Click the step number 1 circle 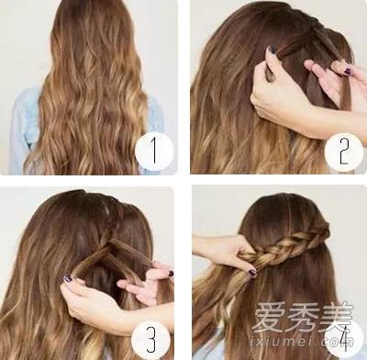154,151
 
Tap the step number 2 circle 343,152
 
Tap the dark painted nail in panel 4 252,272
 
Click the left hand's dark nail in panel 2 272,50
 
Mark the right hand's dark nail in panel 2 348,71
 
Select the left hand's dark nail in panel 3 67,279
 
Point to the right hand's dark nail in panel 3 171,274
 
